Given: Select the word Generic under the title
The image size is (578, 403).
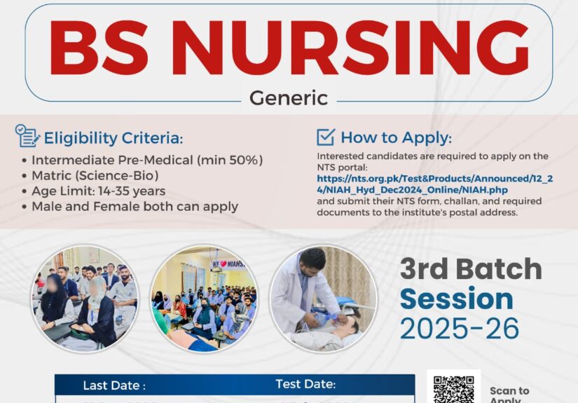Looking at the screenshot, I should tap(288, 97).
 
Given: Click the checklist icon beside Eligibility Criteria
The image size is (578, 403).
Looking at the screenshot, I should tap(27, 136).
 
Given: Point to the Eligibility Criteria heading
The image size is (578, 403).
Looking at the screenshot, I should tap(113, 137).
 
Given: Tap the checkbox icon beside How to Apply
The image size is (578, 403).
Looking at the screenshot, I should tap(326, 137).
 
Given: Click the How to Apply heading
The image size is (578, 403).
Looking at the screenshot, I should tap(396, 137).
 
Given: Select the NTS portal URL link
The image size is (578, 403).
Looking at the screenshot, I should tap(434, 184).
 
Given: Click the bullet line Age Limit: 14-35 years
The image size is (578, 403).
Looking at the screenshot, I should tap(98, 191).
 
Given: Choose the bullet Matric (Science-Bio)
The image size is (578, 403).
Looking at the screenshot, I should tap(95, 175).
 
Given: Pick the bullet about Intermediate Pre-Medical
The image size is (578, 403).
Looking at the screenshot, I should tap(146, 160).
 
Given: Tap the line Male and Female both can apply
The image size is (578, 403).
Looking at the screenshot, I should tap(135, 206).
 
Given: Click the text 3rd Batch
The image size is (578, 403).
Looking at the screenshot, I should tap(471, 269).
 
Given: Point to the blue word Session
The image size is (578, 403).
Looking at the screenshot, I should tap(456, 299).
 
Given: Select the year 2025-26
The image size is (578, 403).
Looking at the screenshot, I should tap(460, 327).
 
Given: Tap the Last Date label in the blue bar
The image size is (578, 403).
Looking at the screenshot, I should tap(114, 385).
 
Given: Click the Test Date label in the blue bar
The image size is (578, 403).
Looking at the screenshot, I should tap(306, 384).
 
